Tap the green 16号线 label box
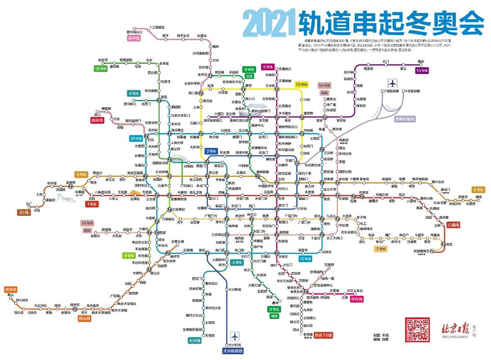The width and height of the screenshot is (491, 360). pyautogui.click(x=100, y=68)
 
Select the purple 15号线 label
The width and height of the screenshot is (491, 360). pyautogui.click(x=422, y=70)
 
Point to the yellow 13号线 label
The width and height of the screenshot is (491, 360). pyautogui.click(x=301, y=85)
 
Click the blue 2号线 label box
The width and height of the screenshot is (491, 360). pyautogui.click(x=211, y=151)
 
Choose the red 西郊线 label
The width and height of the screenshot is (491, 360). pyautogui.click(x=97, y=121)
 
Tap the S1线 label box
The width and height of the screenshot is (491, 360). pyautogui.click(x=23, y=212)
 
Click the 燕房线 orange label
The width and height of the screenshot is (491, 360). pyautogui.click(x=10, y=289)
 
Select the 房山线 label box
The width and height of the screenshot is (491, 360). pyautogui.click(x=85, y=318)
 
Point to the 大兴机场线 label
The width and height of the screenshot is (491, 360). pyautogui.click(x=232, y=351)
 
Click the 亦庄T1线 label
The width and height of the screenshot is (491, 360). pyautogui.click(x=323, y=335)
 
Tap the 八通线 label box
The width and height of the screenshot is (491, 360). pyautogui.click(x=453, y=225)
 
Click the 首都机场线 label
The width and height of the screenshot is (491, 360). pyautogui.click(x=405, y=119)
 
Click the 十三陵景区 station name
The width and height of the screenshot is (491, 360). pyautogui.click(x=157, y=27)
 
